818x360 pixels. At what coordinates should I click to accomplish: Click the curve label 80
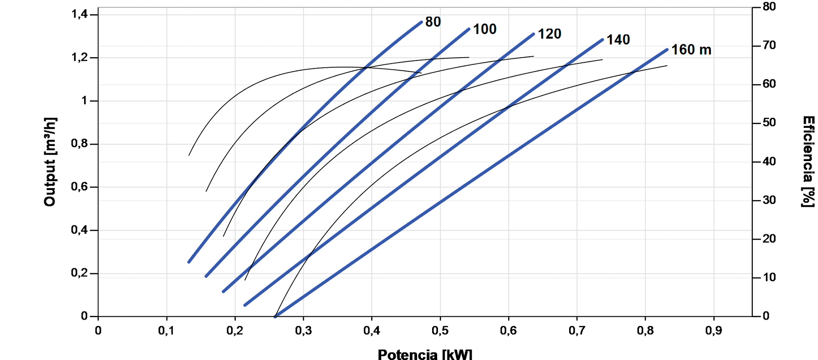click(x=433, y=22)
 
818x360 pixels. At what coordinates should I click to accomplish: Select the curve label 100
click(x=485, y=29)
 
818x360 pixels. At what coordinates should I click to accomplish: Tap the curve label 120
click(x=549, y=34)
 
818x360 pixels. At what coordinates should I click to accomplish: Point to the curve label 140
click(x=618, y=40)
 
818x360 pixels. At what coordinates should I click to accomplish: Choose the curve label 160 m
click(x=691, y=50)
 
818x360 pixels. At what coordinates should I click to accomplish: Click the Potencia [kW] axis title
click(x=425, y=354)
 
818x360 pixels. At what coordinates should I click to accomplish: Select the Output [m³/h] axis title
click(x=50, y=162)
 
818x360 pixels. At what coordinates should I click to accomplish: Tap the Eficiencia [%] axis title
click(x=808, y=162)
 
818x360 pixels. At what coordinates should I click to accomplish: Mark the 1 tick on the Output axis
click(x=84, y=101)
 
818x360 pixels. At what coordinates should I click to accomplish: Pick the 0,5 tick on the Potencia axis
click(x=440, y=331)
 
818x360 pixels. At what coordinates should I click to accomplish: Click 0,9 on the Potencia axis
click(x=714, y=331)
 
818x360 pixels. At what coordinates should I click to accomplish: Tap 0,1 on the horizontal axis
click(x=166, y=331)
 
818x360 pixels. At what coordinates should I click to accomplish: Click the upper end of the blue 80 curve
click(x=421, y=22)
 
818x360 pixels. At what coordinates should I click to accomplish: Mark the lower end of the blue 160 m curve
click(x=275, y=316)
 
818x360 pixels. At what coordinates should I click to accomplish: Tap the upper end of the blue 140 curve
click(x=602, y=40)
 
